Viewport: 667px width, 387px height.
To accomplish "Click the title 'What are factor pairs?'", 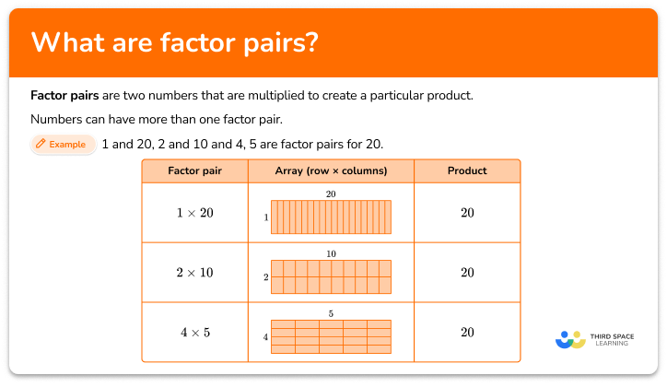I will (x=175, y=43).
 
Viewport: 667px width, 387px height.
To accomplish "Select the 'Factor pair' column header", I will (x=194, y=171).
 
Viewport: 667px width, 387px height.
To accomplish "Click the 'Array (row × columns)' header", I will (x=331, y=171).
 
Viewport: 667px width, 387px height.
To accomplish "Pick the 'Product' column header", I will (x=467, y=171).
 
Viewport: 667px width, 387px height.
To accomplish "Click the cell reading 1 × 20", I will (x=194, y=213).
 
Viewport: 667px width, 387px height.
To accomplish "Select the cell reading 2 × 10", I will (x=194, y=273).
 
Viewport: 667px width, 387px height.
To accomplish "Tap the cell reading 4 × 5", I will (x=194, y=332).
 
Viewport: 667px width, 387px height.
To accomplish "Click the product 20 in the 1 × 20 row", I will (x=467, y=213).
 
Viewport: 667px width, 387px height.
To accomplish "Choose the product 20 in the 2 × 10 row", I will (x=467, y=273).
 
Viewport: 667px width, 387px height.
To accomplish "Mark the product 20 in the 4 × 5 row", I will (x=467, y=332).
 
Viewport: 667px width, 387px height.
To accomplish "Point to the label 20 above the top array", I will (x=331, y=194).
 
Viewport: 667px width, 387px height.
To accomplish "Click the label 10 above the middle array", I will (x=331, y=254).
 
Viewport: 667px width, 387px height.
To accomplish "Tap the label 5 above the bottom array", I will (x=331, y=314).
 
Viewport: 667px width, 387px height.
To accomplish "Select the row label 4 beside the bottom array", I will (x=265, y=338).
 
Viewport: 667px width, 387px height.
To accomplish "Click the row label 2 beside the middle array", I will (x=265, y=277).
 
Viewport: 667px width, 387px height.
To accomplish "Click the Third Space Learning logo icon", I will (x=570, y=339).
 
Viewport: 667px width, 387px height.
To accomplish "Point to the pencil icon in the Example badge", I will (x=41, y=145).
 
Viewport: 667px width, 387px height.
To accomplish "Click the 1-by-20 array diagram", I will (x=331, y=217).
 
